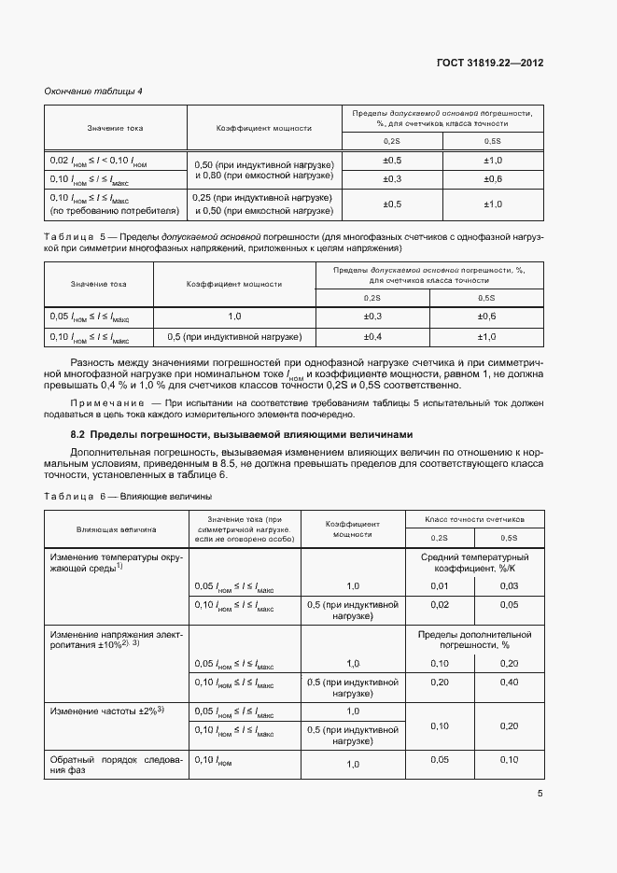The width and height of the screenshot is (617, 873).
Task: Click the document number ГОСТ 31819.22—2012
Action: point(490,63)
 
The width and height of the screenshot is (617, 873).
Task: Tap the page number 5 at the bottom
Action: point(540,794)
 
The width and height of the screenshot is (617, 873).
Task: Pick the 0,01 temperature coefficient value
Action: point(439,585)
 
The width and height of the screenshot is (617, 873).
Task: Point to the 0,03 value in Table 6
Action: point(509,585)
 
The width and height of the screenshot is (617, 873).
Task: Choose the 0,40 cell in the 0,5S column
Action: point(509,683)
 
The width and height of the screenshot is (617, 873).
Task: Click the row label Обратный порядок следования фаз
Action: point(117,765)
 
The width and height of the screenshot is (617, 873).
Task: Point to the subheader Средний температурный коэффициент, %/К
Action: point(474,562)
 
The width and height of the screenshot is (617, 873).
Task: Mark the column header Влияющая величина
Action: point(117,528)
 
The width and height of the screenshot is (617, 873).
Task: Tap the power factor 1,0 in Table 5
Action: point(234,317)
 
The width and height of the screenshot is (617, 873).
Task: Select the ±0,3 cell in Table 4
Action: point(392,178)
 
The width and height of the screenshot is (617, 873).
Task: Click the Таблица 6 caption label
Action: point(77,496)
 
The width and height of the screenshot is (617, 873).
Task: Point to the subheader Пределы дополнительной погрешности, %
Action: point(474,640)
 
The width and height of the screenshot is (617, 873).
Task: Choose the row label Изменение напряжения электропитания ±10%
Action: point(117,640)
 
